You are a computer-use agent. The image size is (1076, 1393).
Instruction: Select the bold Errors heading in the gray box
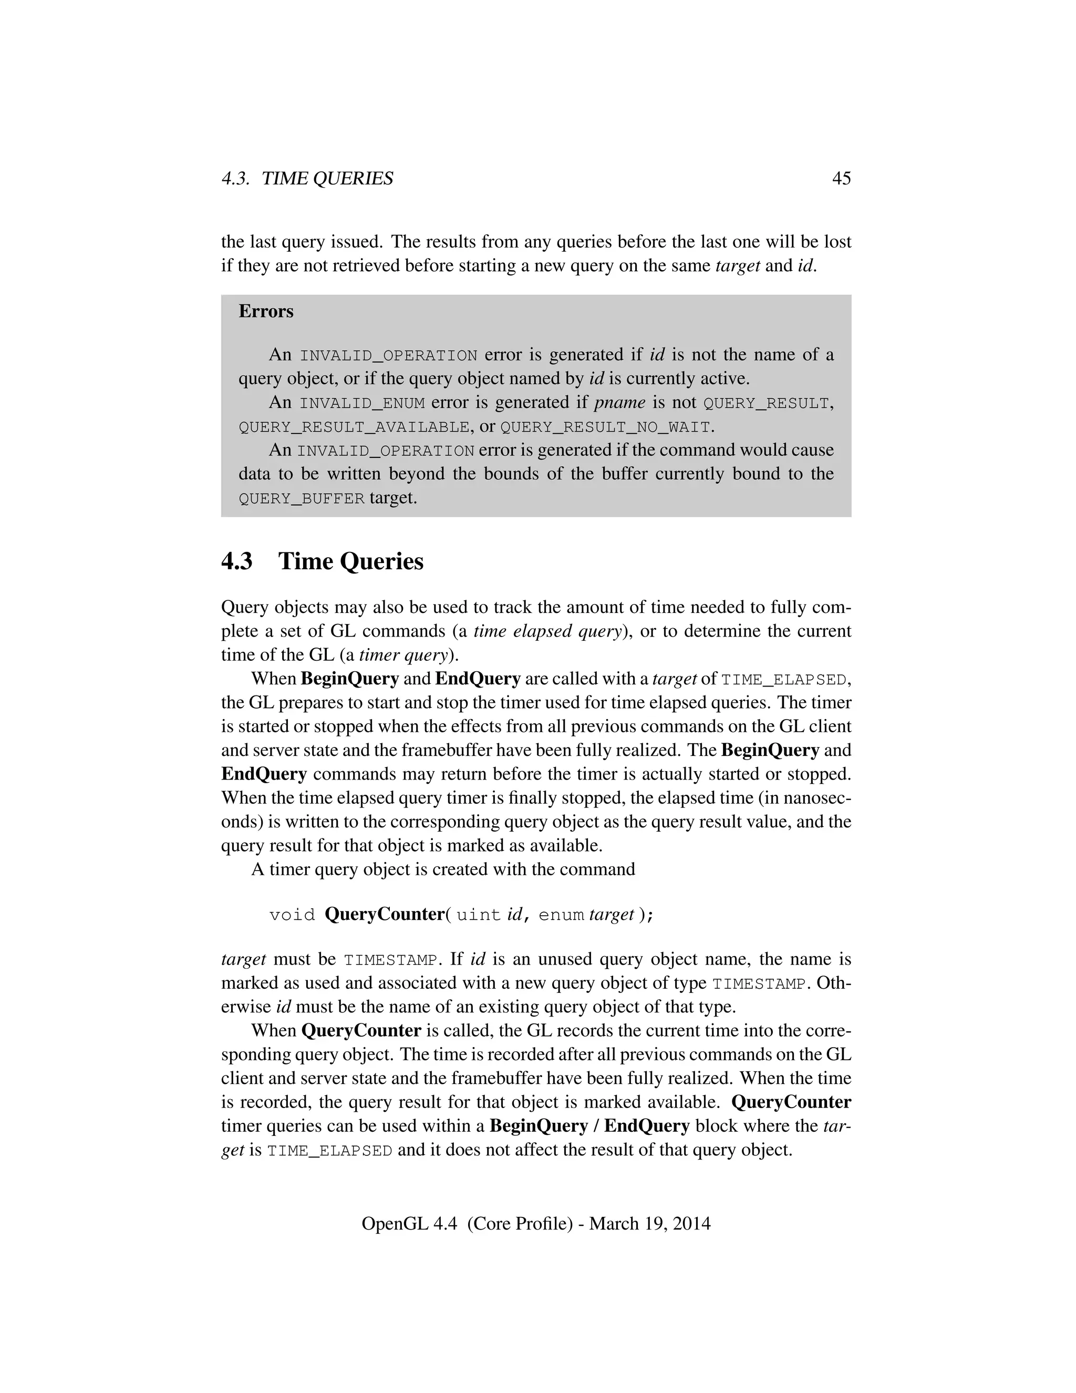[x=266, y=311]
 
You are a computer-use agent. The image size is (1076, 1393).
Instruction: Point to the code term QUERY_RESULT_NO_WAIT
[x=605, y=427]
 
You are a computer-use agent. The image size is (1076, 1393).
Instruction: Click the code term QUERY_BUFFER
[x=302, y=499]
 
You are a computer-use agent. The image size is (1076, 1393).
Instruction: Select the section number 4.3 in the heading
[x=236, y=561]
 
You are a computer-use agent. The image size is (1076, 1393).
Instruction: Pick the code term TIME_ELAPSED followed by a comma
[x=784, y=680]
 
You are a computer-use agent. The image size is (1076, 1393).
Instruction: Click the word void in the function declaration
[x=292, y=915]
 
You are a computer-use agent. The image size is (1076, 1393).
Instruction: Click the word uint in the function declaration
[x=478, y=915]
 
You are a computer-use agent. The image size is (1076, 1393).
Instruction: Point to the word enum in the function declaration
[x=561, y=915]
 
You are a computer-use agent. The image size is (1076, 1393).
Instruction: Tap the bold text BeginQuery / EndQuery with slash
[x=589, y=1126]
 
